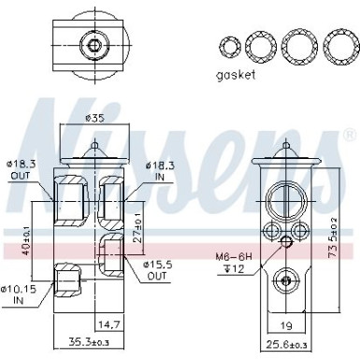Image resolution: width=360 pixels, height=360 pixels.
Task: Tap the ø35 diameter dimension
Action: pos(94,119)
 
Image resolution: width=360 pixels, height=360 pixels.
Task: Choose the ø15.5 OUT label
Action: pos(158,271)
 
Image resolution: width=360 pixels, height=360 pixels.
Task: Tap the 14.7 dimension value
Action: pos(109,324)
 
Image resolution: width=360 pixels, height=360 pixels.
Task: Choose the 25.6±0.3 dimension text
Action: pos(286,346)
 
